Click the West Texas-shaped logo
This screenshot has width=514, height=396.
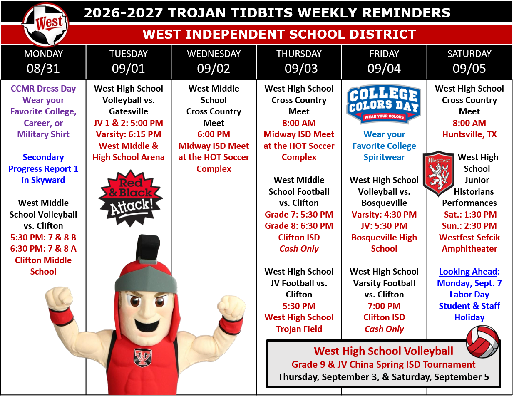point(45,25)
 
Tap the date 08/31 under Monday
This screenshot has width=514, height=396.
point(43,69)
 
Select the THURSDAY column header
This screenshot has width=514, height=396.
point(299,54)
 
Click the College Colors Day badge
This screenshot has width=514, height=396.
point(384,104)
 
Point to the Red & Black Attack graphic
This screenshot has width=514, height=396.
point(131,198)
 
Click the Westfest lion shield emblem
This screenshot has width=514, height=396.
point(439,173)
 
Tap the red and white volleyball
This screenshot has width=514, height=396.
point(482,342)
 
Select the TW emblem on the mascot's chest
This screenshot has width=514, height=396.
point(143,357)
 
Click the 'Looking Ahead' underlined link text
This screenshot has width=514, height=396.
point(468,272)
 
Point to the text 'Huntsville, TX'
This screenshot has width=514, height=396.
point(469,134)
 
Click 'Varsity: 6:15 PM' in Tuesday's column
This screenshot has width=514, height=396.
point(129,134)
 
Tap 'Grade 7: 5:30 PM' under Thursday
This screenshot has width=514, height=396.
point(299,215)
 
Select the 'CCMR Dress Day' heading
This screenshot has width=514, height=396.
point(43,89)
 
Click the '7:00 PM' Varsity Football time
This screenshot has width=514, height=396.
point(384,306)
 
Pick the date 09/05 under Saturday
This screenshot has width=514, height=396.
point(469,69)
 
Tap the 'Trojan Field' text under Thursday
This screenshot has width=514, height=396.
point(299,329)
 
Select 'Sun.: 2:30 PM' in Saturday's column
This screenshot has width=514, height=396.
point(469,226)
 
